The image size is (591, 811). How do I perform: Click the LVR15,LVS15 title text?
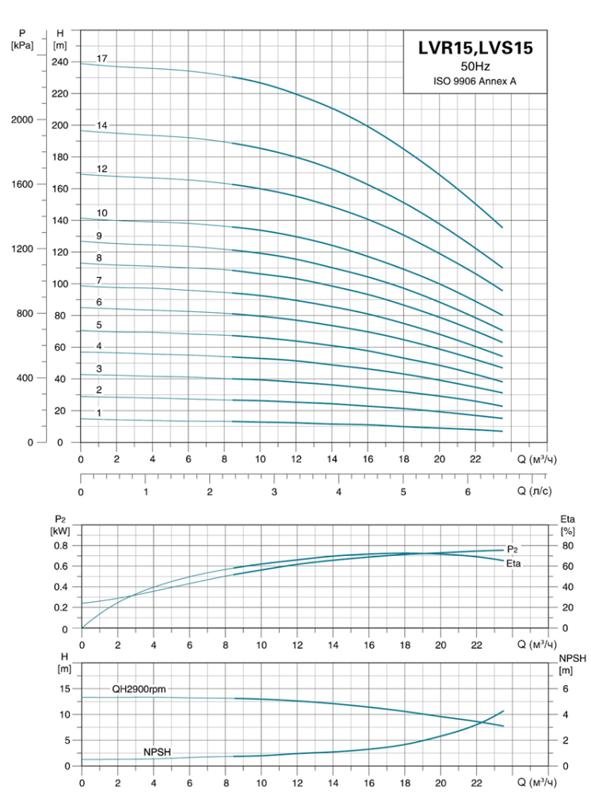click(475, 48)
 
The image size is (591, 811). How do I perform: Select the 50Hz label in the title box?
click(475, 67)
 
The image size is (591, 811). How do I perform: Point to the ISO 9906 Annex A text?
click(475, 82)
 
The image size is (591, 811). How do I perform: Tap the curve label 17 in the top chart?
click(102, 59)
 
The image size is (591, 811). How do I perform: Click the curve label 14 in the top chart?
click(102, 125)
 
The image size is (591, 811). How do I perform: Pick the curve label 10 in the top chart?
click(102, 212)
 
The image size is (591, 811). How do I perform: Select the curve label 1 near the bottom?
click(99, 413)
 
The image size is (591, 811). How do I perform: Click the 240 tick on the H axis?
click(60, 62)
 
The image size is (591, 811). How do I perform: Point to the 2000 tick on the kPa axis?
click(22, 120)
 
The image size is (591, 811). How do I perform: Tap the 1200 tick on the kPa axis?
click(22, 249)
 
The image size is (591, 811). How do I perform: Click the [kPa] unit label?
click(22, 45)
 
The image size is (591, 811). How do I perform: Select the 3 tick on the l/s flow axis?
click(274, 492)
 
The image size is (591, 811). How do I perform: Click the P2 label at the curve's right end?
click(513, 550)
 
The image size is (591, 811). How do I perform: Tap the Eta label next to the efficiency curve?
click(513, 563)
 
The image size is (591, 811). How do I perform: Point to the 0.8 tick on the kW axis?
click(61, 546)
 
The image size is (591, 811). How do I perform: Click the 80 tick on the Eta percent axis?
click(568, 546)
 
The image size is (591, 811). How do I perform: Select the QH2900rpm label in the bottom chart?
click(139, 689)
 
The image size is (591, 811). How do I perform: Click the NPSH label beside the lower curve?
click(157, 752)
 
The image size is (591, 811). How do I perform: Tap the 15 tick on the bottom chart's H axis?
click(65, 689)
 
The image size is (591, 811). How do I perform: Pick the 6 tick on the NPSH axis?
click(566, 689)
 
